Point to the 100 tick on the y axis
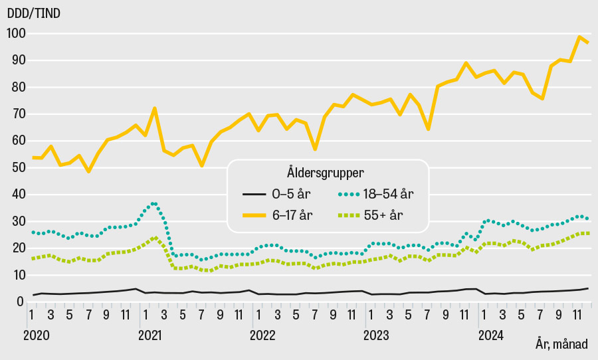point(15,33)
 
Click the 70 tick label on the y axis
point(15,114)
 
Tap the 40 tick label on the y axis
point(15,195)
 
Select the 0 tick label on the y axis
point(20,302)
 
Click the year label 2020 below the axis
point(36,336)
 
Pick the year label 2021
point(151,336)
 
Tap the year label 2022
point(262,336)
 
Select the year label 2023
point(376,336)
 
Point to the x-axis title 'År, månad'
point(561,344)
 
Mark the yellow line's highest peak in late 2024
point(579,37)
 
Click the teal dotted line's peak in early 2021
point(154,203)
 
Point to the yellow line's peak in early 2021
point(154,108)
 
